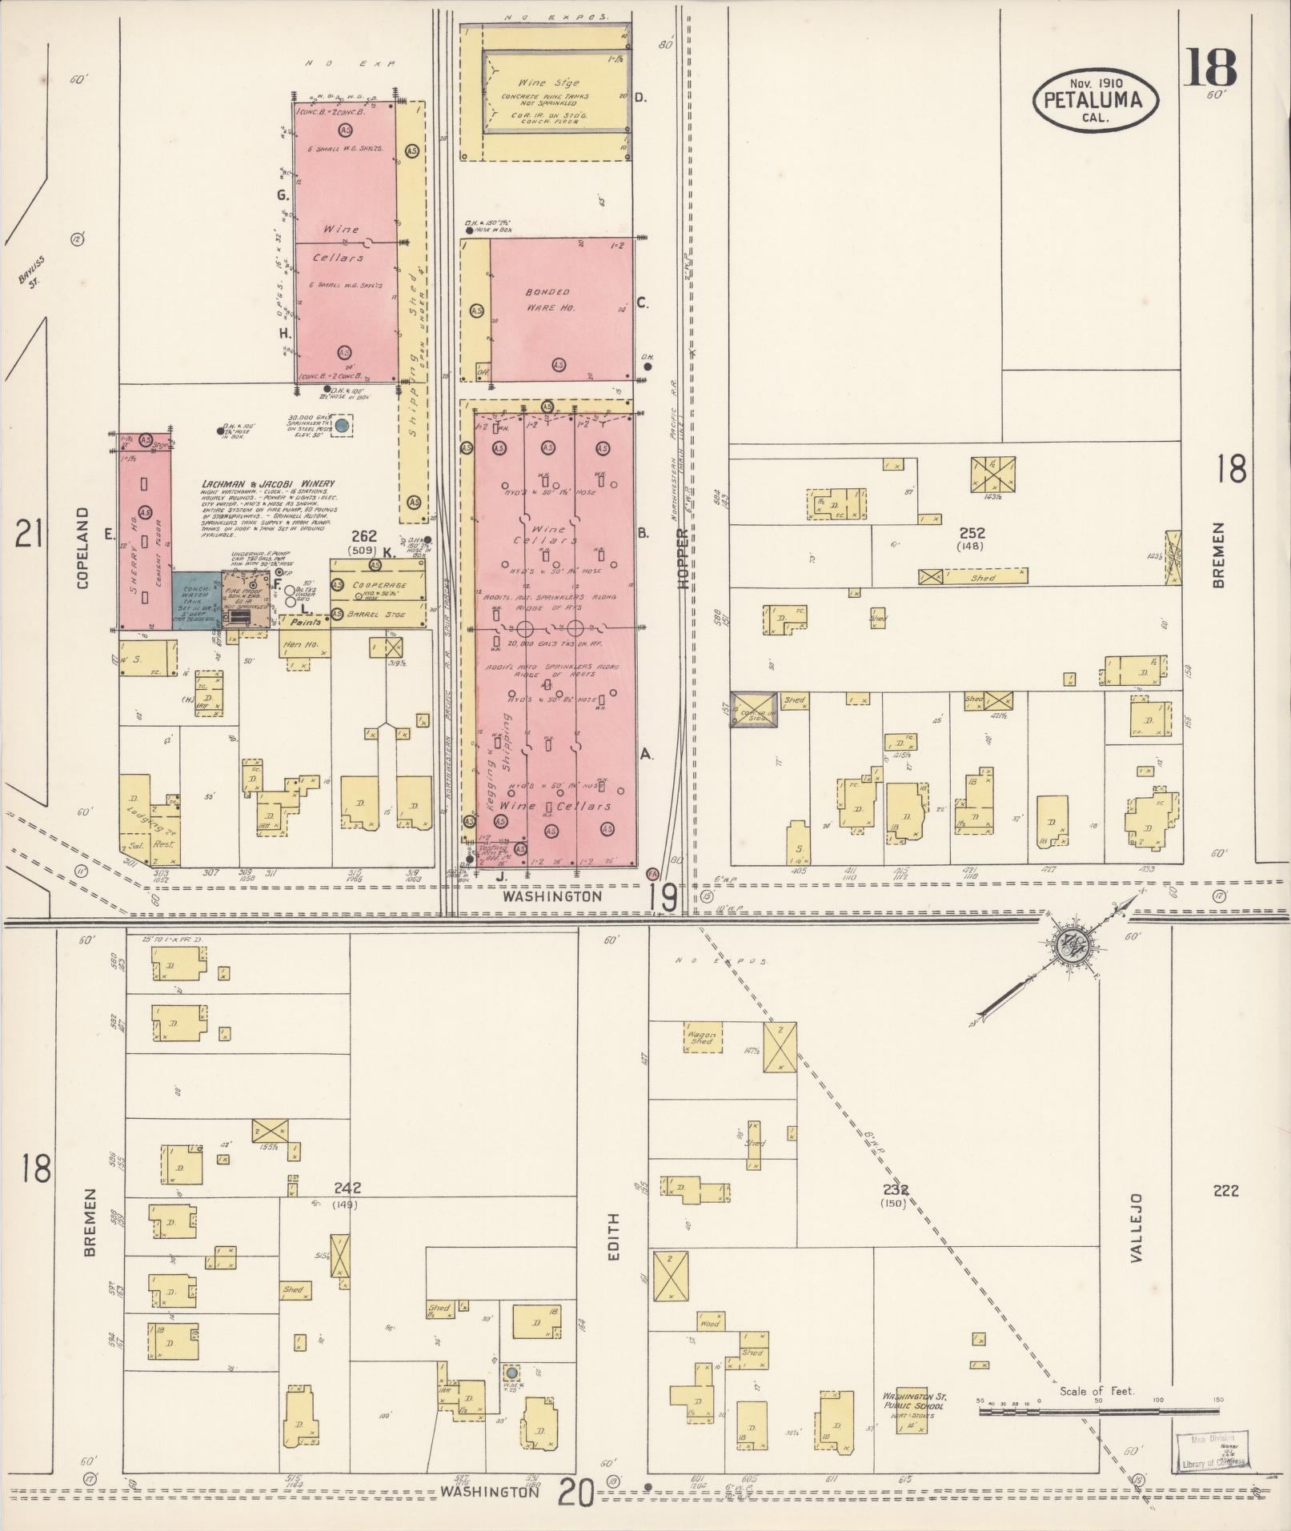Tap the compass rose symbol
point(1068,945)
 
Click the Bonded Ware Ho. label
point(548,299)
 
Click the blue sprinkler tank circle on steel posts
point(343,426)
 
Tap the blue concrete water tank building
point(196,599)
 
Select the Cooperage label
point(379,585)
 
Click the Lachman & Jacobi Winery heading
point(268,483)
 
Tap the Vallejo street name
point(1137,1240)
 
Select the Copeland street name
point(82,547)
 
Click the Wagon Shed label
point(701,1037)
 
